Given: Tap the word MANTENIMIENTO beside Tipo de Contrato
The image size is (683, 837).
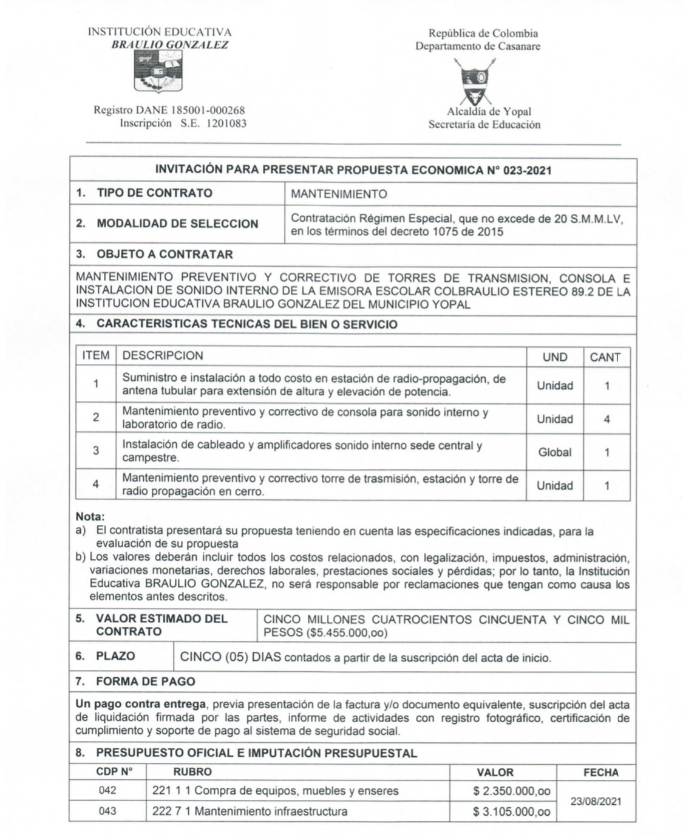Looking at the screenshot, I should [x=339, y=194].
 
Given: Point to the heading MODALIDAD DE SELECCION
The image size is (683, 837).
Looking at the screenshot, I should [x=177, y=224].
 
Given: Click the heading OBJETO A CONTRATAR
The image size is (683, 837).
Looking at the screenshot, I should [x=164, y=254].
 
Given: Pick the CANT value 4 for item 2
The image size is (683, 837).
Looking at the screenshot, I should [x=607, y=419].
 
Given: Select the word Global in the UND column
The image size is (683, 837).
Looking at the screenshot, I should [x=554, y=453].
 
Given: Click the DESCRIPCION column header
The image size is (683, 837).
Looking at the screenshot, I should [x=163, y=356].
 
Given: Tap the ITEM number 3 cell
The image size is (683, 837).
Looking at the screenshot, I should [x=96, y=451].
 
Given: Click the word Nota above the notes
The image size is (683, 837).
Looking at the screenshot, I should [x=90, y=517].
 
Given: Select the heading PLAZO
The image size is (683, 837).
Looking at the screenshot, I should [x=115, y=656].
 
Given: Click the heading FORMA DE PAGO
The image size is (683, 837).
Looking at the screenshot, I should [x=145, y=682].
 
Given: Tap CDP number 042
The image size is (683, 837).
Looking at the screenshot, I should [x=107, y=791].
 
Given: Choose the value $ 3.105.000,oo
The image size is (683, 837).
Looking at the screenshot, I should [x=512, y=811].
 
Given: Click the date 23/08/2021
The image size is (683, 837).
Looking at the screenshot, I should [x=596, y=801].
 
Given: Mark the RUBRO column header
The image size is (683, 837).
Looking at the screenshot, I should [x=192, y=772].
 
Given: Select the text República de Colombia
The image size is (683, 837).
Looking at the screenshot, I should [x=483, y=33].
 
